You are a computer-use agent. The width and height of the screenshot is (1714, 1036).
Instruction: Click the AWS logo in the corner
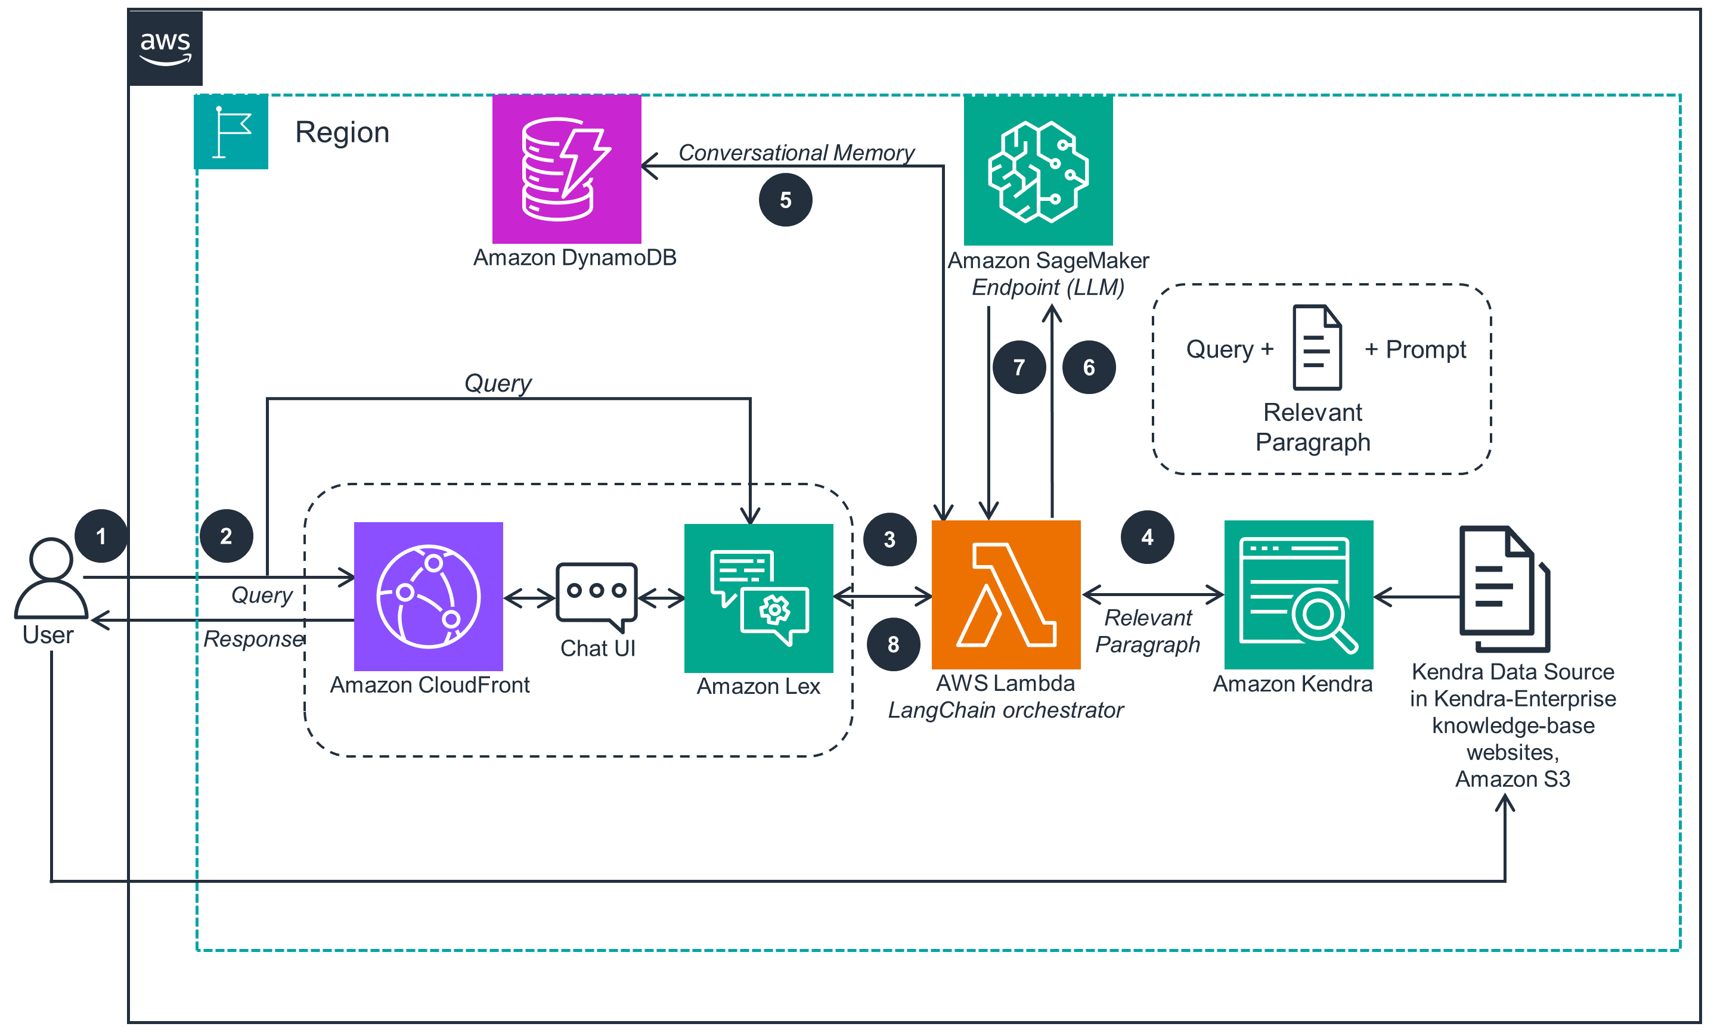coord(165,48)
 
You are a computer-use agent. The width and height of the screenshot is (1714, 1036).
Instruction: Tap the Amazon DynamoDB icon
coord(566,169)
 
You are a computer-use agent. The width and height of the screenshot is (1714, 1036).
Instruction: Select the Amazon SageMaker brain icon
coord(1038,170)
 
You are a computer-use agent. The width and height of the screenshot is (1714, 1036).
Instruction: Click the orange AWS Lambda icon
coord(1006,594)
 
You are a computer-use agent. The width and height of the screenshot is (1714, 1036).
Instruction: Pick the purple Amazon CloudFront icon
coord(429,596)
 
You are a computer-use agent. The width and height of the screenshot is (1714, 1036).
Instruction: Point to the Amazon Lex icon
coord(759,598)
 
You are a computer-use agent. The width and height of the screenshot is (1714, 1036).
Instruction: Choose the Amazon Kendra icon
coord(1298,594)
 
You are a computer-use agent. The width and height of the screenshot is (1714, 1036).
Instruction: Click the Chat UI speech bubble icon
coord(596,595)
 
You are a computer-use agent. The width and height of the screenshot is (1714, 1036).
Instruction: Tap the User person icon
coord(50,578)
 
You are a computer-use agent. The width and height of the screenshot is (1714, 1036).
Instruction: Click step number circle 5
coord(785,200)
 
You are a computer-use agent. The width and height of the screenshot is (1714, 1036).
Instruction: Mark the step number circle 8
coord(893,644)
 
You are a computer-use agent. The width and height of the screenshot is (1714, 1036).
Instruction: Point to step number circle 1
coord(101,536)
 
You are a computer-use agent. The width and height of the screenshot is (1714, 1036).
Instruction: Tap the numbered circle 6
coord(1089,367)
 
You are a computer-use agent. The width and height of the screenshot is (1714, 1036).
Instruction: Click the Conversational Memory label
coord(796,152)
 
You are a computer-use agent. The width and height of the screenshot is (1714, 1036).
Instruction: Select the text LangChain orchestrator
coord(1005,710)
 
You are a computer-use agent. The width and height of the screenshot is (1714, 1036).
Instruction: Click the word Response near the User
coord(253,638)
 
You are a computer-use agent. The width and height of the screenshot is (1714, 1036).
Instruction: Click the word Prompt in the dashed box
coord(1425,349)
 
